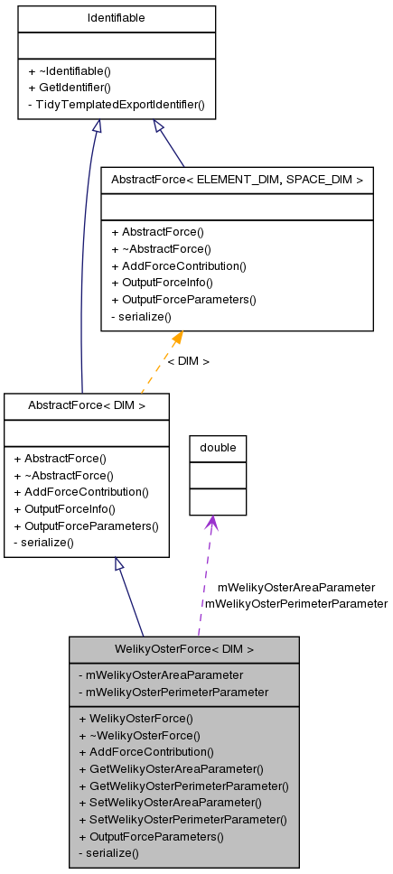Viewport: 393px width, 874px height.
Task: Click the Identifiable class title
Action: click(117, 18)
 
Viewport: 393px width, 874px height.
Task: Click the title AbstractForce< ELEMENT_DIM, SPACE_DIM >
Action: click(237, 180)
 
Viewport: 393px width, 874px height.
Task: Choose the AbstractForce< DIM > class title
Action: click(87, 405)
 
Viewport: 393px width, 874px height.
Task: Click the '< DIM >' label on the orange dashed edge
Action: click(188, 361)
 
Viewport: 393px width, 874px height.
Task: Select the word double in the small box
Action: click(218, 448)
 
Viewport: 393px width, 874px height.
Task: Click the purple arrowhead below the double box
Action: click(211, 523)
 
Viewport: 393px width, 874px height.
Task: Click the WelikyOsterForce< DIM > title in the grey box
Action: click(184, 649)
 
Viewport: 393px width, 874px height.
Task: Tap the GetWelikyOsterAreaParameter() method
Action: click(171, 769)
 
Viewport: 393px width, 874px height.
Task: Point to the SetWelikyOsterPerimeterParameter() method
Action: click(182, 820)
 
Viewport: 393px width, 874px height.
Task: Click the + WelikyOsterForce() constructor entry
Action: click(136, 719)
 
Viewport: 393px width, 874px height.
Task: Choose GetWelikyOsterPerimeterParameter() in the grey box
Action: click(183, 786)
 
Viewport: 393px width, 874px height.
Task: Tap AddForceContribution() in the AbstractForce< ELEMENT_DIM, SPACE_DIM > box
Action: click(178, 265)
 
